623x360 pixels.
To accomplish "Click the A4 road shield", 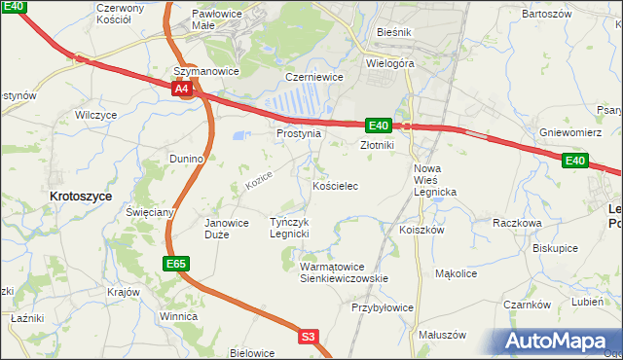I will [182, 90].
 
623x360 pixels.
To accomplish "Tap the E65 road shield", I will [175, 264].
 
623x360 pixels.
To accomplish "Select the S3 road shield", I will [308, 337].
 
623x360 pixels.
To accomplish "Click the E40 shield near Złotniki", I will [379, 126].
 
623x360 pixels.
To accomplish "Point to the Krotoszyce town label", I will [80, 196].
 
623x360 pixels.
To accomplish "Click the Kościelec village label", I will [336, 185].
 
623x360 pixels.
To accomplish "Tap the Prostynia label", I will [298, 133].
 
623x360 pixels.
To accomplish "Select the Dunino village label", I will [185, 158].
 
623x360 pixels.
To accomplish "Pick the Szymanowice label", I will [205, 71].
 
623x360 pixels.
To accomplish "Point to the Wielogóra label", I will [390, 62].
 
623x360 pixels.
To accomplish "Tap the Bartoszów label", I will [544, 15].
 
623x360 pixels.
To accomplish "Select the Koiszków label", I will [421, 231].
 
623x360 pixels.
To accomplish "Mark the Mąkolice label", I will [456, 274].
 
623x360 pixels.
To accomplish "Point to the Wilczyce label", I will [95, 115].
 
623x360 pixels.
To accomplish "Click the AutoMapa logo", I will [559, 342].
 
